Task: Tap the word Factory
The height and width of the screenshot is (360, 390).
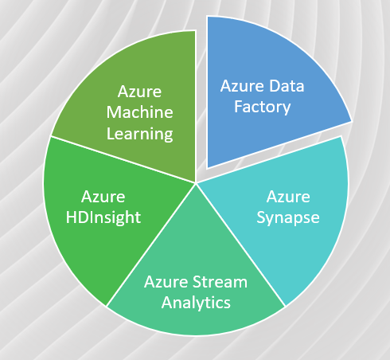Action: [262, 108]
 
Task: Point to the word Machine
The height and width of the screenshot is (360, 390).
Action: [140, 112]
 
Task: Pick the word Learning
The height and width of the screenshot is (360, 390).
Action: [140, 134]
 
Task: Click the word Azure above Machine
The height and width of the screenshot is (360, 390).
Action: [139, 92]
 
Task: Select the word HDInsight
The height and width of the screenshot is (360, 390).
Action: [103, 217]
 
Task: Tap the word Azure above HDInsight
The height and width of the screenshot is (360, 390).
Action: [103, 197]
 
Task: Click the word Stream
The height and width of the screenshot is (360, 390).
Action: [220, 282]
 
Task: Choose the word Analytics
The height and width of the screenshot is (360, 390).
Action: [196, 303]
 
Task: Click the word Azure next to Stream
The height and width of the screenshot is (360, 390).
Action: [166, 282]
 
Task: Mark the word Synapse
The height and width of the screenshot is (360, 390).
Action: [288, 218]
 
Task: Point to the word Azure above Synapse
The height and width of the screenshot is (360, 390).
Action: [288, 197]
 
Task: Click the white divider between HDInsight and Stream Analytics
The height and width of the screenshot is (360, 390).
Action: [150, 245]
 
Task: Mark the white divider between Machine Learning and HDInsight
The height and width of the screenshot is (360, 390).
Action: [123, 159]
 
